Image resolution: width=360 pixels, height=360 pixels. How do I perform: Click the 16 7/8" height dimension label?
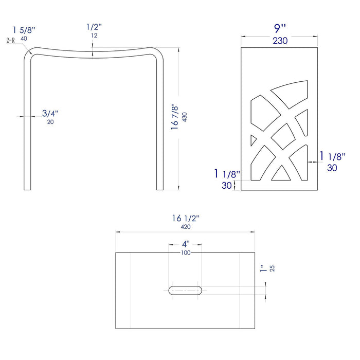(174, 118)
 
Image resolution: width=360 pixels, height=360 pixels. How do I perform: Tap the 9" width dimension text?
(280, 28)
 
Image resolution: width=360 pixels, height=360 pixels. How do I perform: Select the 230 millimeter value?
(280, 41)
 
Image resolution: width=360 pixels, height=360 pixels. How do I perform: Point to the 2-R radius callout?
(11, 41)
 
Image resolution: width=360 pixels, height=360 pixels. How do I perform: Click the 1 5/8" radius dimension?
(24, 30)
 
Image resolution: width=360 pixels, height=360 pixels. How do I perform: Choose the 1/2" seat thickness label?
(94, 27)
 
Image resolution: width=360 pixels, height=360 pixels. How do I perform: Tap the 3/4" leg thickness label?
(50, 113)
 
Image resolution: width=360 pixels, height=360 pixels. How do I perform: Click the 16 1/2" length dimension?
(186, 218)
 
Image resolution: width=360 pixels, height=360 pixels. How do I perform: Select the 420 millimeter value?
(186, 227)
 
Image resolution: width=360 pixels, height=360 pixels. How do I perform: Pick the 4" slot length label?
(186, 244)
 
